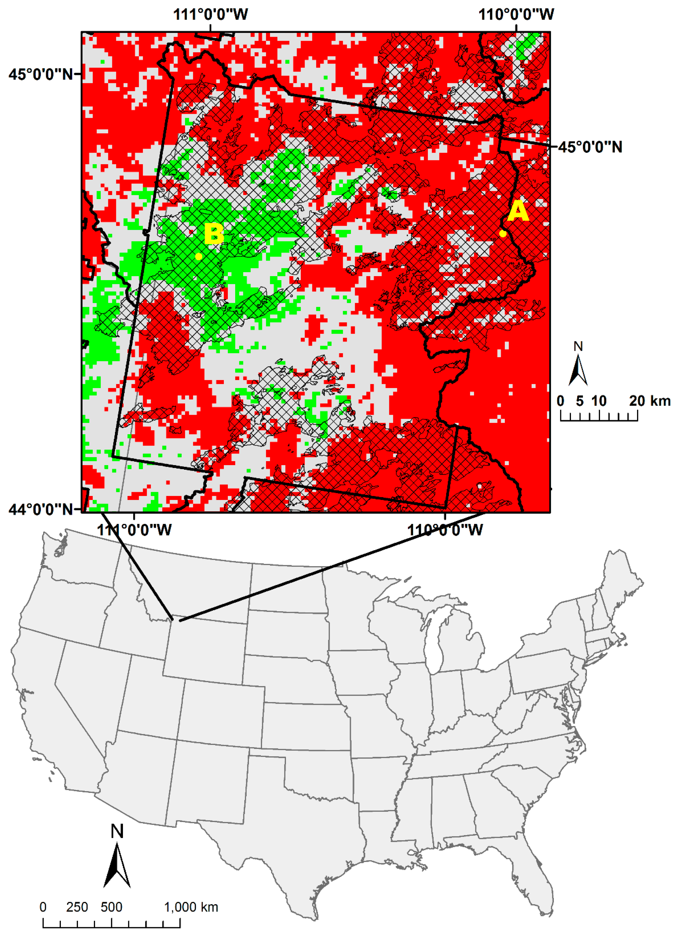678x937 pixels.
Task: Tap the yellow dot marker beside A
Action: [x=502, y=233]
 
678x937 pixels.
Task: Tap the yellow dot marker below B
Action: [x=198, y=257]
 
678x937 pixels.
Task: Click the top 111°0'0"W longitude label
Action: [x=210, y=14]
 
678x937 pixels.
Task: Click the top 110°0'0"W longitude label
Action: [x=516, y=14]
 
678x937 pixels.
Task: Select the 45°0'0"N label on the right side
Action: [x=590, y=147]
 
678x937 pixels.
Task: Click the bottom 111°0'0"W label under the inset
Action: [x=134, y=530]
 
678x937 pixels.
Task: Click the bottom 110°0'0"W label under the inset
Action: [x=445, y=530]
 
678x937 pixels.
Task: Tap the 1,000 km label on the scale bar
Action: [x=191, y=907]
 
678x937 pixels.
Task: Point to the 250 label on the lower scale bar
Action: [x=77, y=907]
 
